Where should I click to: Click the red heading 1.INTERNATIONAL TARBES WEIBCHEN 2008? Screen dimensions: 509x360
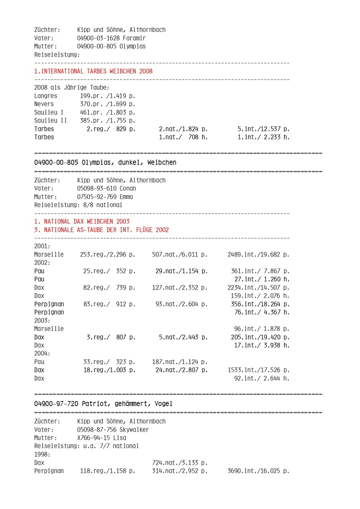93,71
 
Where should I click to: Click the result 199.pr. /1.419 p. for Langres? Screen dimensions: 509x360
108,96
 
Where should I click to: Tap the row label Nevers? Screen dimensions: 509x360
45,104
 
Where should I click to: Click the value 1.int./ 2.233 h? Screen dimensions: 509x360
263,137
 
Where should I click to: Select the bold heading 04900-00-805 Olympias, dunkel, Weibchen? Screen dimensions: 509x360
105,162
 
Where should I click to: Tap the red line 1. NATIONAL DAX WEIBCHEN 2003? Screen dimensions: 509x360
82,221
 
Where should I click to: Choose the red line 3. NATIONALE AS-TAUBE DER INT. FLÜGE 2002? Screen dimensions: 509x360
102,230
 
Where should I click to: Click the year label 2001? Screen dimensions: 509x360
42,246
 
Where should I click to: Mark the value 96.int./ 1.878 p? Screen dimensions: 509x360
261,329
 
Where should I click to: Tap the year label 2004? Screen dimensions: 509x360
42,353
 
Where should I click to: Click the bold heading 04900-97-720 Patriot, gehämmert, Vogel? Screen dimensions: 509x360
103,403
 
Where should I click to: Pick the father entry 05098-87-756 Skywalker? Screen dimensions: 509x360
113,430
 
